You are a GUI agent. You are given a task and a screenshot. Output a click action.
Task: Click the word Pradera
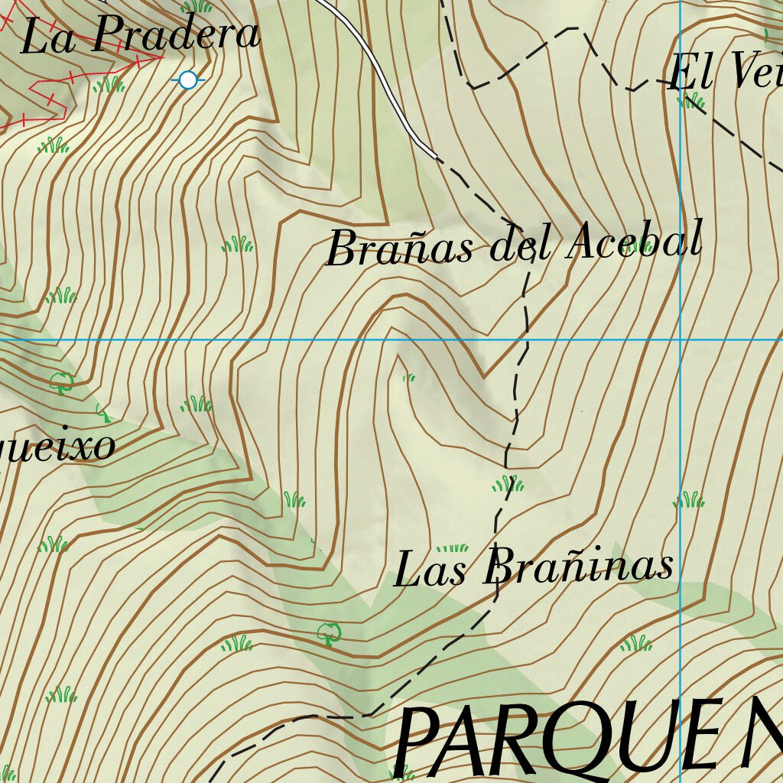click(177, 35)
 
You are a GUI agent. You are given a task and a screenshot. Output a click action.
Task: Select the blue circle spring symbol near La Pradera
click(188, 79)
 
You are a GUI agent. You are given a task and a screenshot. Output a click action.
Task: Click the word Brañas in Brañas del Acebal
click(400, 249)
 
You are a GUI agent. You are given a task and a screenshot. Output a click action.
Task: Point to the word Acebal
click(634, 241)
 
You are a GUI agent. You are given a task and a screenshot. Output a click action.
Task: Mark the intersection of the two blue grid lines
click(681, 339)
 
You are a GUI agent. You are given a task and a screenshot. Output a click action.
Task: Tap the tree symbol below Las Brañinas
click(329, 632)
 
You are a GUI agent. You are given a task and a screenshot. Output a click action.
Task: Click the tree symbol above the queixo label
click(61, 380)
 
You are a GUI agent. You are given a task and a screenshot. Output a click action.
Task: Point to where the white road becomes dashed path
click(437, 158)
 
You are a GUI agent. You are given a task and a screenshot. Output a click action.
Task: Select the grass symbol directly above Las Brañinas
click(452, 547)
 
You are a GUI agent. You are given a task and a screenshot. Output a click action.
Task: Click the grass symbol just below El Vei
click(690, 100)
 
